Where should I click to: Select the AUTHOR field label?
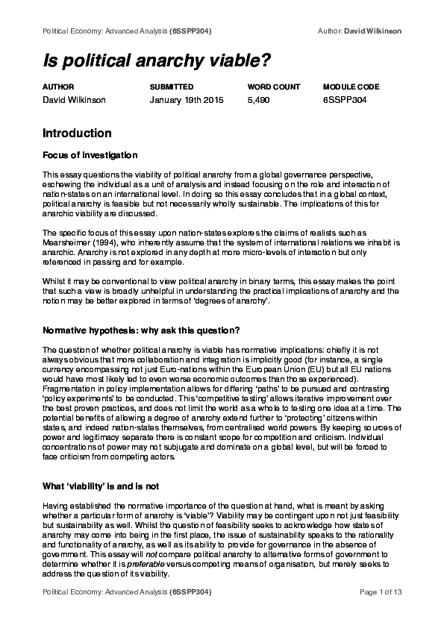click(x=58, y=87)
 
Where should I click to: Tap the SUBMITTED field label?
click(x=172, y=87)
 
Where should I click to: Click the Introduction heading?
click(x=77, y=134)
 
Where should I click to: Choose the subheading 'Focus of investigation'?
click(x=90, y=155)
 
